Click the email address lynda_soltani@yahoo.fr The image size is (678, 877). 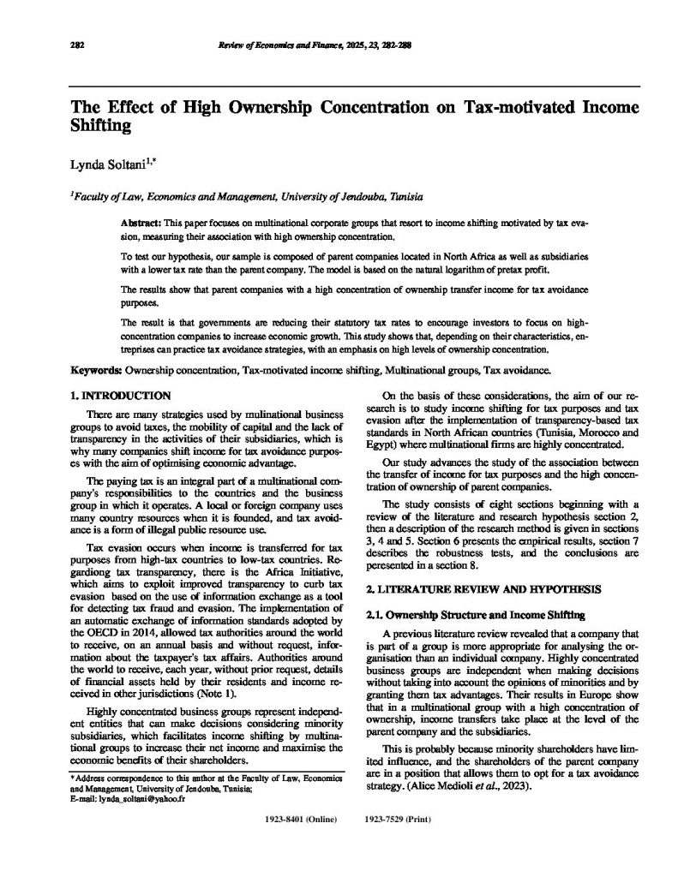[x=123, y=796]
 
